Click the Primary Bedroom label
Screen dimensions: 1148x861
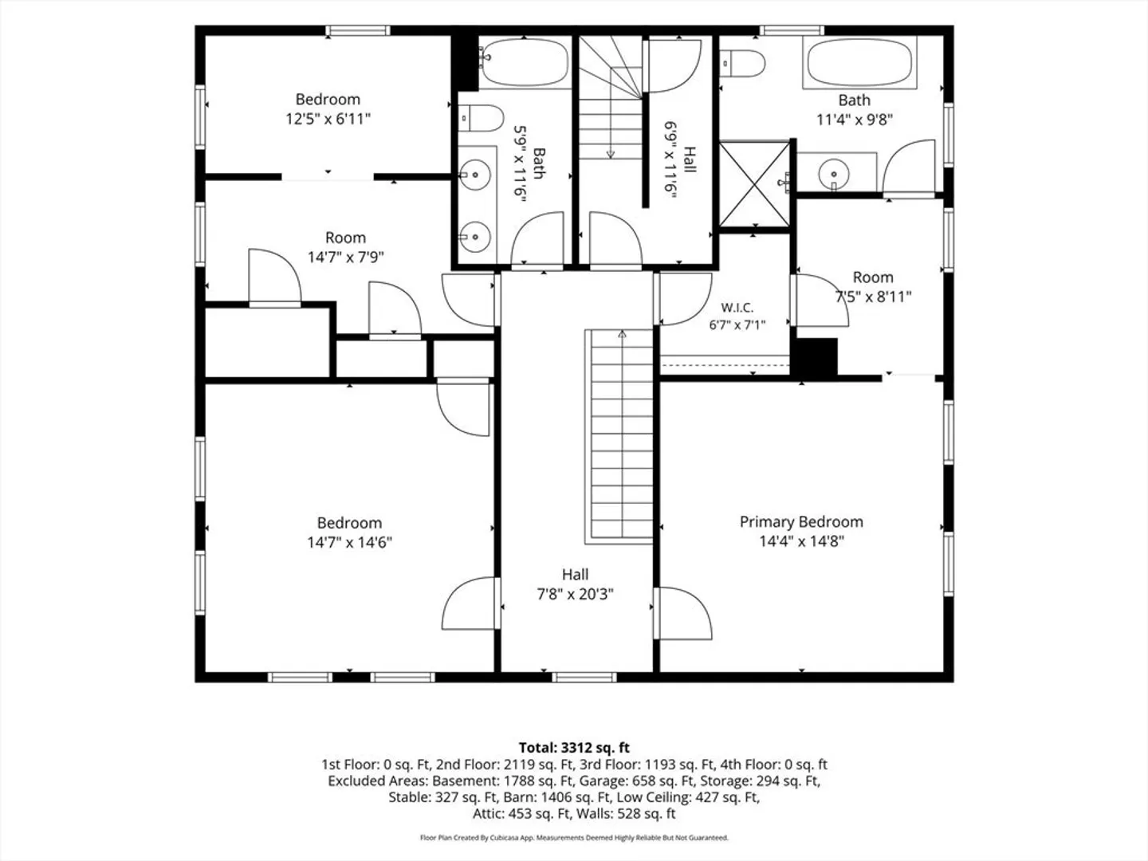(801, 521)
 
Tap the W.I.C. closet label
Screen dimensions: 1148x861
(737, 308)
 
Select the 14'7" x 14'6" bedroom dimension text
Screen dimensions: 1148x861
(349, 542)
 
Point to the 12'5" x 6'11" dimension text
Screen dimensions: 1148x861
(328, 119)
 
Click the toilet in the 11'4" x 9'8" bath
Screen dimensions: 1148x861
(743, 63)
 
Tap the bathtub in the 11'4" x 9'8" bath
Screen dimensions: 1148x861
(860, 63)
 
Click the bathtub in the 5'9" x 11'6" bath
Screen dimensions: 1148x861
(524, 62)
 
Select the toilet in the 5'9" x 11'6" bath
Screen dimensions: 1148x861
(482, 118)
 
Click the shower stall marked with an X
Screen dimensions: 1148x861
(754, 184)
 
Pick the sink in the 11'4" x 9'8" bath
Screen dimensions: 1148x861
(834, 173)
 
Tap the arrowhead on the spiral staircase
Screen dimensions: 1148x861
(611, 154)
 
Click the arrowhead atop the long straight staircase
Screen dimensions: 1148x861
(622, 333)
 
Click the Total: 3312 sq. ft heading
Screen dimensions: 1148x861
(574, 748)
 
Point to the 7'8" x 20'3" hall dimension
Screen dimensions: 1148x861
(576, 594)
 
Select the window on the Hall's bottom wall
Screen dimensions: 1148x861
(584, 678)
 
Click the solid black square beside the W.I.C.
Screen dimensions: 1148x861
(816, 357)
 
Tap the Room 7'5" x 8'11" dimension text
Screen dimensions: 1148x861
(874, 297)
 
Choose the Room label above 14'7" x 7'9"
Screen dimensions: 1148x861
(345, 238)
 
